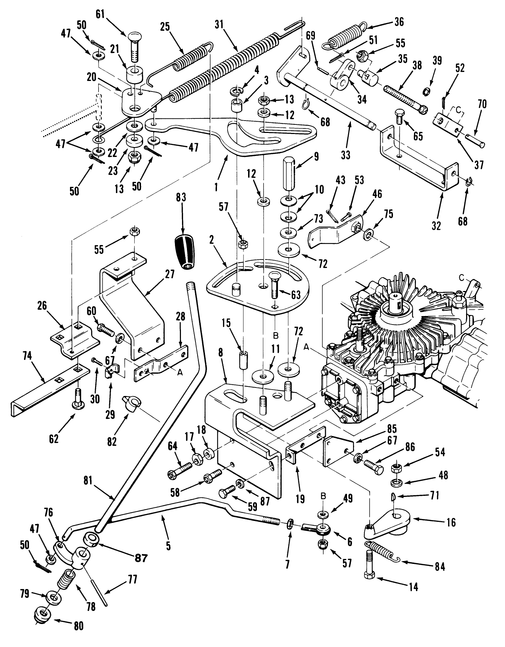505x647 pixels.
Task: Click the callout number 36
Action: pyautogui.click(x=398, y=22)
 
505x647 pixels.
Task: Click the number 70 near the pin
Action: pyautogui.click(x=482, y=104)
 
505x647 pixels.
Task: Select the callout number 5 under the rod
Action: pyautogui.click(x=168, y=546)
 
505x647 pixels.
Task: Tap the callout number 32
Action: pyautogui.click(x=436, y=225)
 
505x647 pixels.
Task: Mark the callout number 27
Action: pyautogui.click(x=169, y=274)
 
